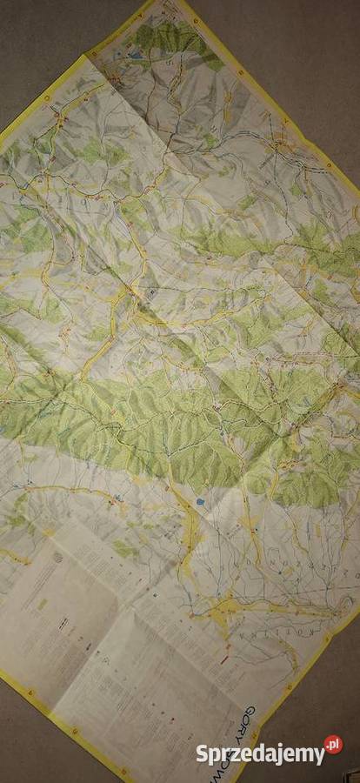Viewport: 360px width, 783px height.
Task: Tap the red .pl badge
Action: click(x=333, y=745)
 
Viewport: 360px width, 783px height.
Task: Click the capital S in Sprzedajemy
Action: click(x=202, y=753)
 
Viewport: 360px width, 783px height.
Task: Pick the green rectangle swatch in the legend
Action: click(x=42, y=603)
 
